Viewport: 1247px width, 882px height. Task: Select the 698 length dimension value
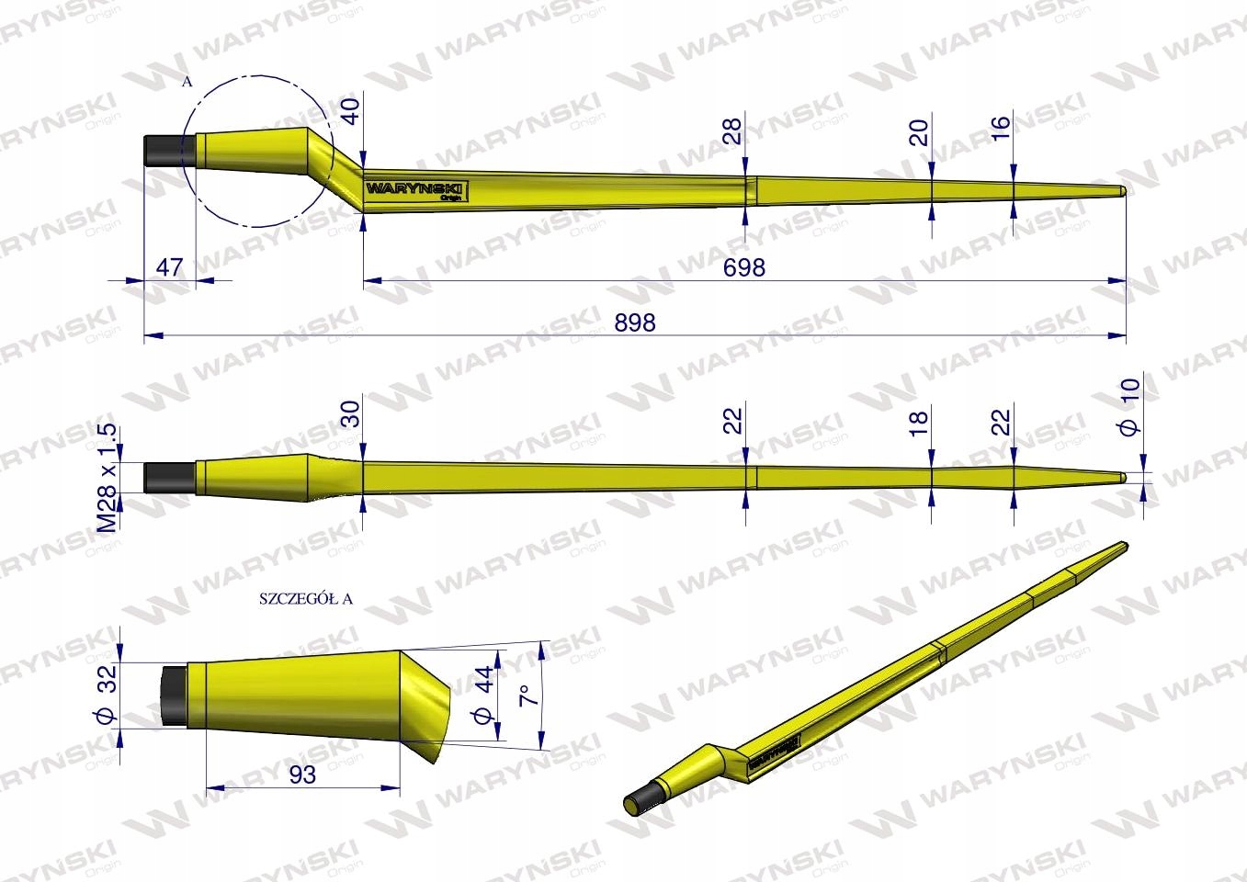point(743,266)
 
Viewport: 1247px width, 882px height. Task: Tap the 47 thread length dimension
point(170,267)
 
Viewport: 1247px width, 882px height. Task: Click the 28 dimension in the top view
point(731,132)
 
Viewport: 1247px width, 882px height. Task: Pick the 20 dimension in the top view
point(919,132)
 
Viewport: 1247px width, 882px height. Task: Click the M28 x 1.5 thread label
point(108,478)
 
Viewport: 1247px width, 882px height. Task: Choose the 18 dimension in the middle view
point(919,424)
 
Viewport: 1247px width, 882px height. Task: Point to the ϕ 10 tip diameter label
point(1130,406)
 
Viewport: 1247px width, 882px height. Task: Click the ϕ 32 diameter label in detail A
point(108,695)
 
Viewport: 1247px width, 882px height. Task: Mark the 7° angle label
point(527,694)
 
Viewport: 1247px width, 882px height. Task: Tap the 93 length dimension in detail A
point(301,775)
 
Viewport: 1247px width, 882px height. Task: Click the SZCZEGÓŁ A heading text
point(306,599)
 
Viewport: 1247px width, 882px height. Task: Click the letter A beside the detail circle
point(187,82)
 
